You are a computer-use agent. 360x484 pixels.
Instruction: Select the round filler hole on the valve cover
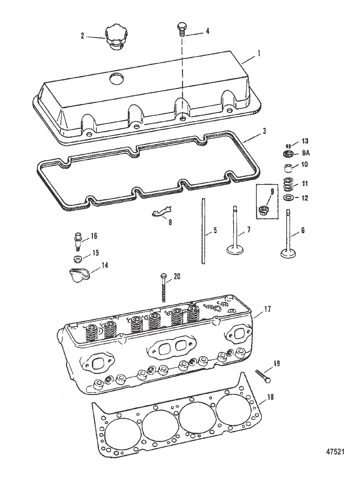coord(116,79)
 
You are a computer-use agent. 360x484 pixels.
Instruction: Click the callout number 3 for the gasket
coord(264,131)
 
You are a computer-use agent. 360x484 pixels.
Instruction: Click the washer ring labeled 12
coord(288,198)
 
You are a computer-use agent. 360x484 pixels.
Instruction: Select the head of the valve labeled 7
coord(235,250)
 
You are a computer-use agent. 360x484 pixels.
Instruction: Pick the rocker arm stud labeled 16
coord(78,242)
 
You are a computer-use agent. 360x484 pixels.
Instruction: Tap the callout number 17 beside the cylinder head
coord(267,309)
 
